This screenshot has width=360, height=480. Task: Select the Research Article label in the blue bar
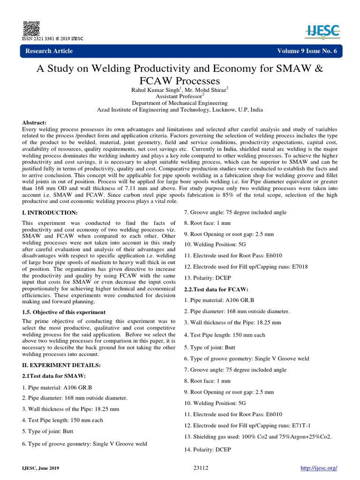49,51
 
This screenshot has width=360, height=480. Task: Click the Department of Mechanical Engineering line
180,103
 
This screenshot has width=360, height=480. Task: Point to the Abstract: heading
35,122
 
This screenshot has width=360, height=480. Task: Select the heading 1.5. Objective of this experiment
64,312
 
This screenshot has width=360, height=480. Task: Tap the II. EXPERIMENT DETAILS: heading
61,365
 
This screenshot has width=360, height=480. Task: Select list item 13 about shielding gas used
257,436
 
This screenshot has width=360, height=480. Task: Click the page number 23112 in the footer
201,468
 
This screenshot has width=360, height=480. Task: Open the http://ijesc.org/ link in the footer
318,468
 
